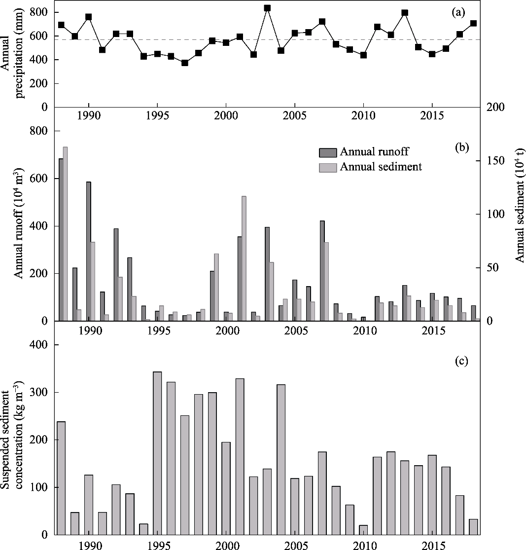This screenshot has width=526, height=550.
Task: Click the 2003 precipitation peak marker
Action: click(x=267, y=8)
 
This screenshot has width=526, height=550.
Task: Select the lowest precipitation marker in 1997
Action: click(x=185, y=63)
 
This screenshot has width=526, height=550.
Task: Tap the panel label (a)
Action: click(x=458, y=13)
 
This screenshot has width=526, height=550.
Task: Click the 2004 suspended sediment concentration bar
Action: click(x=281, y=459)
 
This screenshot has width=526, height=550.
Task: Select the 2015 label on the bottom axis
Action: click(x=432, y=545)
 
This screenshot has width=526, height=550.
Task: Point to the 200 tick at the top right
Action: click(x=494, y=108)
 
